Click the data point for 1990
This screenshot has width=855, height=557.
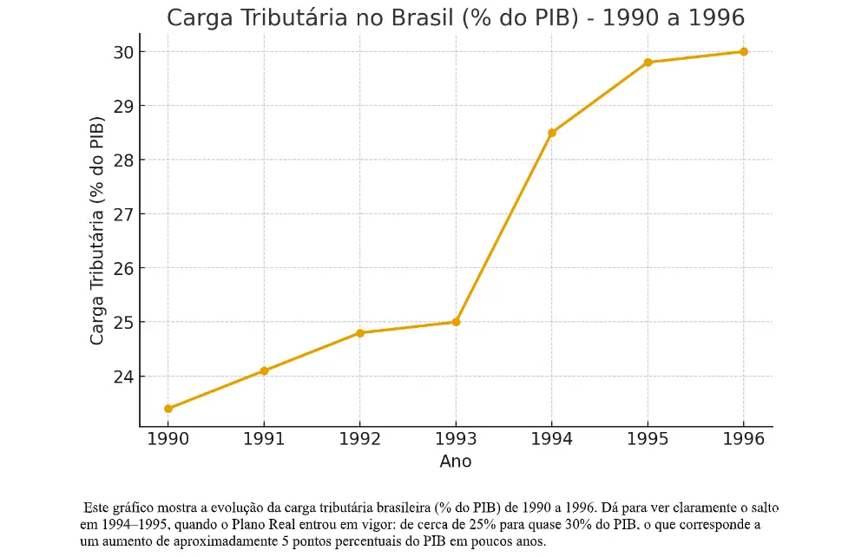coord(168,409)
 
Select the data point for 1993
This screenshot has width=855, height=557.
coord(456,322)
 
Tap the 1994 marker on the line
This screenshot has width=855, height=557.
coord(552,133)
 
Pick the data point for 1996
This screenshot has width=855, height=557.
coord(743,52)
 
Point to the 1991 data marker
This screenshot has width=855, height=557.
coord(264,370)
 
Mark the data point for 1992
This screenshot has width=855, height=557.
coord(359,333)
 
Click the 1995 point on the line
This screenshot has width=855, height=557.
coord(648,62)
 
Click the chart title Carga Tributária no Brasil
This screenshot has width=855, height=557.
coord(455,18)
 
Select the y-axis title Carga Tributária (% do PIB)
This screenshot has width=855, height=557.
coord(97,234)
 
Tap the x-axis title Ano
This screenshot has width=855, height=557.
coord(456,462)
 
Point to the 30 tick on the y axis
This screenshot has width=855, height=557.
coord(122,52)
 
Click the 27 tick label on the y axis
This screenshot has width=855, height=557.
coord(122,214)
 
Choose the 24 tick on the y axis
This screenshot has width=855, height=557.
coord(122,377)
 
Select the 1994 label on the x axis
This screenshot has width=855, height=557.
coord(552,439)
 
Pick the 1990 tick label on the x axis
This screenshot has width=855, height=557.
coord(168,439)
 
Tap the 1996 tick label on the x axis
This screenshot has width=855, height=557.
coord(743,439)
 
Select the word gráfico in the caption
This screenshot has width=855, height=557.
coord(133,508)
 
